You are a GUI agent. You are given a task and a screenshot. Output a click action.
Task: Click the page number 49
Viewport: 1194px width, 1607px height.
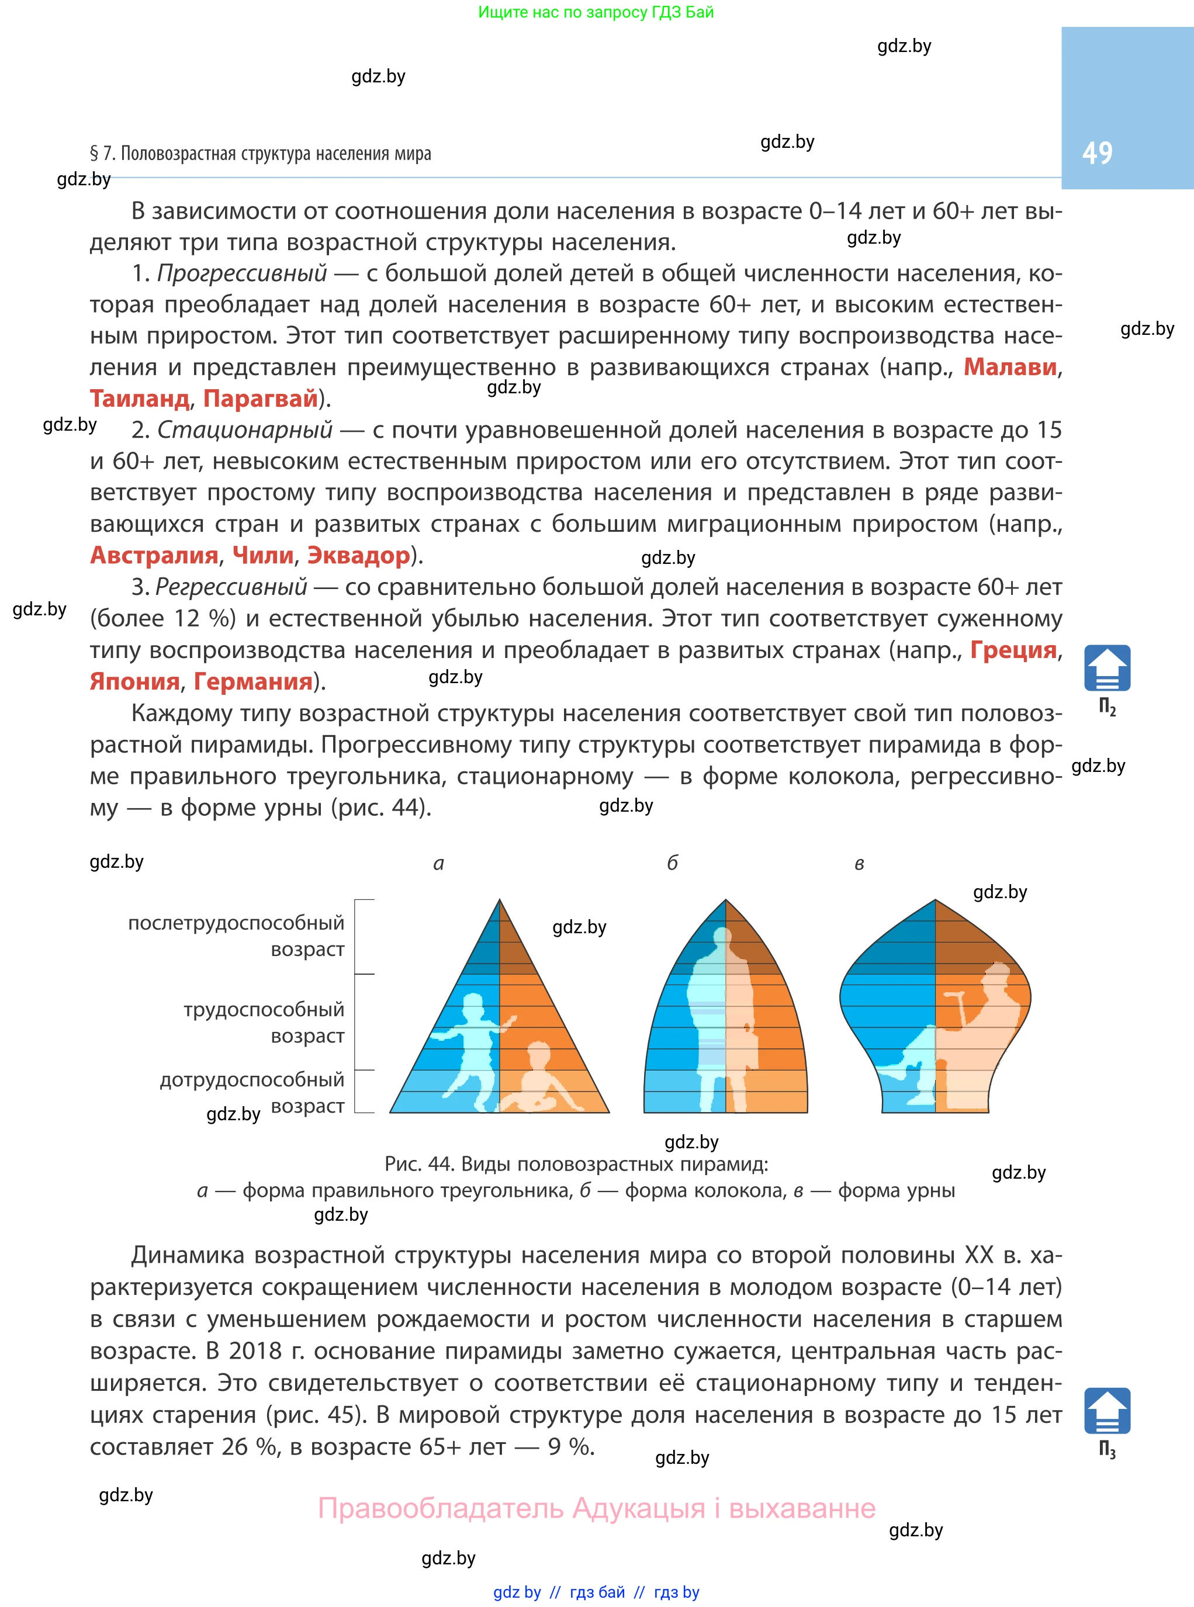1096,153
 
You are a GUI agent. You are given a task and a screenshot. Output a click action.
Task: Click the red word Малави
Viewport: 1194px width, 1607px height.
1010,367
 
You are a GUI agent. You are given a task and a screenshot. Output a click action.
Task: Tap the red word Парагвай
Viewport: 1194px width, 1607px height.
261,398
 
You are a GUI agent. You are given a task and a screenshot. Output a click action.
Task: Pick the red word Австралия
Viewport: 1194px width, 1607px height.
154,555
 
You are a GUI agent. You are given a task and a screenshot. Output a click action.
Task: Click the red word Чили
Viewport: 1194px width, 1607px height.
263,555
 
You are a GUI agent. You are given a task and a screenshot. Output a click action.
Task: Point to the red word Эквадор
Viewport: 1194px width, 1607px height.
358,555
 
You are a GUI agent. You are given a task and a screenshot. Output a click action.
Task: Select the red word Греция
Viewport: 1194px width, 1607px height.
1013,650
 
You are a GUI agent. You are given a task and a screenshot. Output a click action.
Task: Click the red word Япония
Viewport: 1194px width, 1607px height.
134,681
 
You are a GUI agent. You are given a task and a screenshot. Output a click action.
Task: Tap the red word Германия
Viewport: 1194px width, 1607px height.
253,681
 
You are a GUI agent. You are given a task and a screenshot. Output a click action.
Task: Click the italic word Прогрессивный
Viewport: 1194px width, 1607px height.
242,273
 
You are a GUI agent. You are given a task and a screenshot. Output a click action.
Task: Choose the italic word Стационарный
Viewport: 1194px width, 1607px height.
245,430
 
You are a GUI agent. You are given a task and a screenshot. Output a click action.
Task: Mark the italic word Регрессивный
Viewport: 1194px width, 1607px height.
231,587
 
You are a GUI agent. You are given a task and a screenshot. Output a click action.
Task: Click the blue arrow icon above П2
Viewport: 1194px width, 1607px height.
1106,668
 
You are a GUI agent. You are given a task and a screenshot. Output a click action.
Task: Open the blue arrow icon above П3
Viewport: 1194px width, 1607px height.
1106,1411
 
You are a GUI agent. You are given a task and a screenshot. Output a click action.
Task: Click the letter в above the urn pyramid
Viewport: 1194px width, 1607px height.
859,864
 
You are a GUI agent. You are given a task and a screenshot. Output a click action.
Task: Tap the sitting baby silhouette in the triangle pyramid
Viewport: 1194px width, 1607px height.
538,1080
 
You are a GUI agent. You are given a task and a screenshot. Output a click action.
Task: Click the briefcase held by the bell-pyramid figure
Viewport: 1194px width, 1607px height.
745,1048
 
